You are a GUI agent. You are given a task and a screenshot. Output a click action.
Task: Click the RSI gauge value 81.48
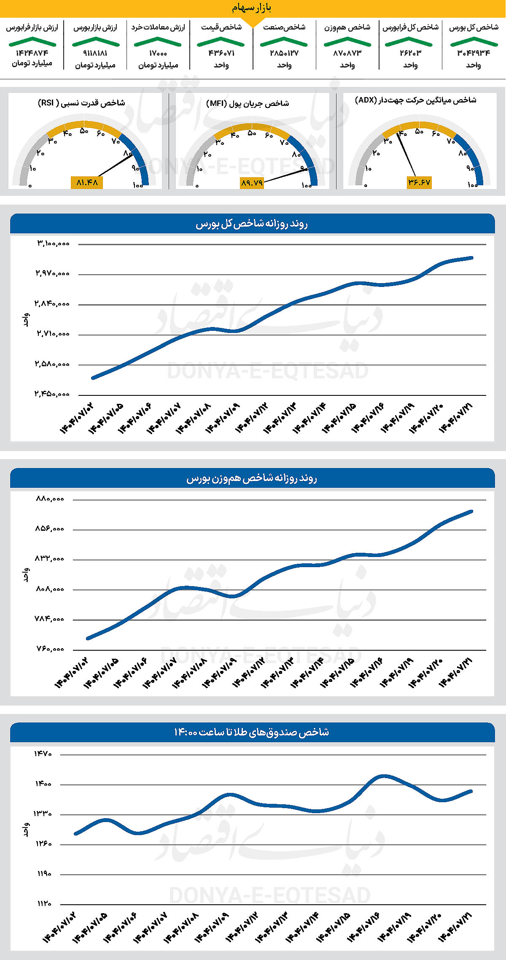pos(87,182)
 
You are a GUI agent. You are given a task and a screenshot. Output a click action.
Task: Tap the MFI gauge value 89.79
pos(252,183)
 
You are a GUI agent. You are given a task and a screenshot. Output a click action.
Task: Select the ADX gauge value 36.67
pos(419,182)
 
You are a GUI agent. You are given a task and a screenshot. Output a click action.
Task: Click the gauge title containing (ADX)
pos(415,100)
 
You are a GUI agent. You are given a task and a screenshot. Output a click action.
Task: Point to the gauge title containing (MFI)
pos(248,103)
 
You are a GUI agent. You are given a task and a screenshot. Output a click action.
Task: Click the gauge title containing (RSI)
pos(81,103)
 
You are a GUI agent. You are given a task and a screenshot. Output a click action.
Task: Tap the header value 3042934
pos(474,53)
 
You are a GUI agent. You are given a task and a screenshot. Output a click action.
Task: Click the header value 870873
pos(347,53)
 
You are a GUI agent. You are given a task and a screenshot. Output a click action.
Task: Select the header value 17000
pos(158,53)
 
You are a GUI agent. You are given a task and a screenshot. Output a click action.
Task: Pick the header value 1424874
pos(32,53)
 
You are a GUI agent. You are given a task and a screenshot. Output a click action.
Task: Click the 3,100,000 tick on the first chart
pos(53,243)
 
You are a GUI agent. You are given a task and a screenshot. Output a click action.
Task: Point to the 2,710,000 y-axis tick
pos(53,334)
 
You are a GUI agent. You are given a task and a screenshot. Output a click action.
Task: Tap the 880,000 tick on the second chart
pos(50,499)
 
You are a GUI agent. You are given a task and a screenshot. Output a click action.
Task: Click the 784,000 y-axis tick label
pos(50,619)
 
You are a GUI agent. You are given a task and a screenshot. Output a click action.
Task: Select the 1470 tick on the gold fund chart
pos(43,754)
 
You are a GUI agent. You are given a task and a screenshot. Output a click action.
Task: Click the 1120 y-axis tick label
pos(43,903)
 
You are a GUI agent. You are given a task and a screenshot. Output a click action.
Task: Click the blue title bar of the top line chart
pos(252,224)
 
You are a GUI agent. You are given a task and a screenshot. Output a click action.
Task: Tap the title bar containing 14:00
pos(252,732)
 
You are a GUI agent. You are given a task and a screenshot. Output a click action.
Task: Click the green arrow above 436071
pos(221,41)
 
